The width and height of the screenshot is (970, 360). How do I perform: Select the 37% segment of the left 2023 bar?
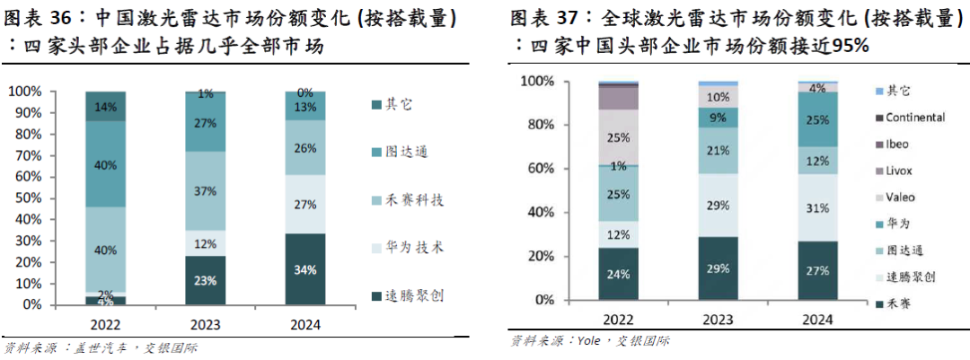point(206,190)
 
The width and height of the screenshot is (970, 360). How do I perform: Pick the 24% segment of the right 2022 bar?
point(618,275)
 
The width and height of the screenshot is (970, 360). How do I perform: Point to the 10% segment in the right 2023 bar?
point(718,97)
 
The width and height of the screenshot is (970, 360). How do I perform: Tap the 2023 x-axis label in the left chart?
point(206,321)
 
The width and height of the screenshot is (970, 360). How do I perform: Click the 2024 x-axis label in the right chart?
point(818,321)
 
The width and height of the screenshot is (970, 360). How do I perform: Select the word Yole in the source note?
point(586,341)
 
